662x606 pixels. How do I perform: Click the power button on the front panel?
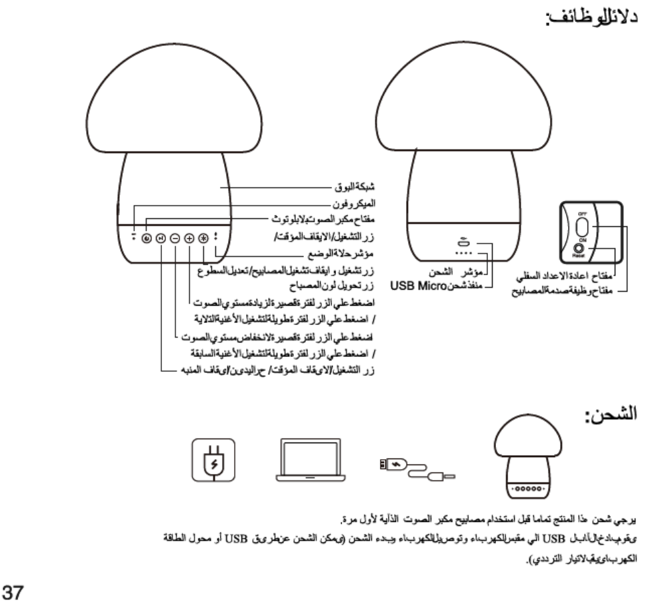[x=146, y=238]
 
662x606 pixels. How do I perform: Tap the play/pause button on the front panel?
[x=161, y=238]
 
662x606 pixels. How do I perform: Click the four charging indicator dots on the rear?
[x=461, y=254]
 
